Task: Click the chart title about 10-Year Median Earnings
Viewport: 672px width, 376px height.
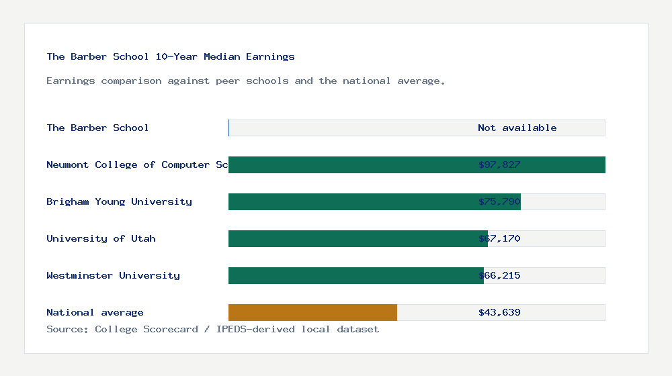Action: tap(171, 56)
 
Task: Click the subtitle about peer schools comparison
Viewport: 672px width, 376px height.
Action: tap(245, 81)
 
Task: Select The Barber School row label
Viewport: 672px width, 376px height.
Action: tap(97, 128)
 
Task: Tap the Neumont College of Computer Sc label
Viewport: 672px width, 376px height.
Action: tap(137, 164)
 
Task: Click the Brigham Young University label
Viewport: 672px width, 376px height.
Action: tap(119, 201)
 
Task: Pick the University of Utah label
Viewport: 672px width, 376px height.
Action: tap(101, 238)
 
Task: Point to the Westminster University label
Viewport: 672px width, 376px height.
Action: tap(113, 275)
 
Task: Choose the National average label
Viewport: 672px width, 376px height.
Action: tap(95, 312)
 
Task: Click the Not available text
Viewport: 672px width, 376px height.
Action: tap(517, 128)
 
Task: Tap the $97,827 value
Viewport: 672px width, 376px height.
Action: tap(499, 164)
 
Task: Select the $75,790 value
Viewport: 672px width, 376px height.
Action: tap(499, 201)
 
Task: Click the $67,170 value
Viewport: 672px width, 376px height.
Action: tap(499, 238)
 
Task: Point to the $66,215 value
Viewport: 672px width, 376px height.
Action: tap(499, 275)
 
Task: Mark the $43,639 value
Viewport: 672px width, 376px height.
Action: tap(499, 312)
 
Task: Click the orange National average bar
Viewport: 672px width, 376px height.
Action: tap(312, 312)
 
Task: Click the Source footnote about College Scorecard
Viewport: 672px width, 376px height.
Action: tap(212, 329)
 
